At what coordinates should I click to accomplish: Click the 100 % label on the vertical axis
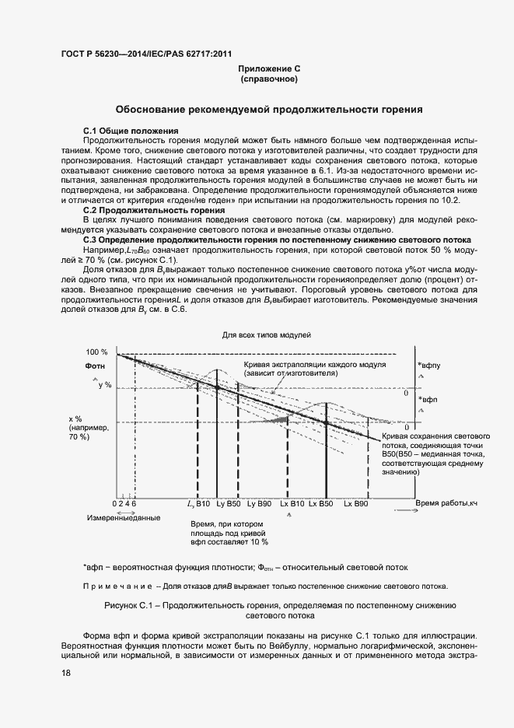tap(96, 352)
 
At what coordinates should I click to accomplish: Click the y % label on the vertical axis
tap(104, 385)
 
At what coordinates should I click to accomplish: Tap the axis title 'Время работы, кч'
tap(446, 504)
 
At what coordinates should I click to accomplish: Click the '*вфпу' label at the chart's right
tap(428, 364)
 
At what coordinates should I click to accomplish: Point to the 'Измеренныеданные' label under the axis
tap(124, 518)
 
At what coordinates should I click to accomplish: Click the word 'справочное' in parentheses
tap(269, 79)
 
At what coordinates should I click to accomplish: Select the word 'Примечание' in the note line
tap(117, 586)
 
